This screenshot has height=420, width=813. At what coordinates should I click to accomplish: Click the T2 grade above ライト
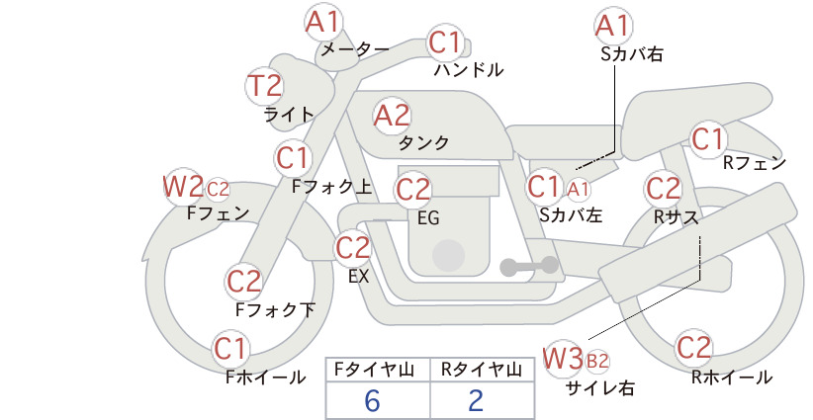pyautogui.click(x=264, y=86)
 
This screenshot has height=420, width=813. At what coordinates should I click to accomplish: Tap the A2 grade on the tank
pyautogui.click(x=392, y=116)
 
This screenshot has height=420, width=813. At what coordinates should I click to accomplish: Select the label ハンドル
pyautogui.click(x=468, y=69)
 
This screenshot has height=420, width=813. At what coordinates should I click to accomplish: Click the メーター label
pyautogui.click(x=355, y=49)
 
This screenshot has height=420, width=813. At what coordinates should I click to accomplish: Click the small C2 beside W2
pyautogui.click(x=218, y=190)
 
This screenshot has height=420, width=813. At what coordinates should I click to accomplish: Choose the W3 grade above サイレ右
pyautogui.click(x=563, y=358)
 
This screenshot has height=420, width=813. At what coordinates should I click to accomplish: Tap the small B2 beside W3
pyautogui.click(x=596, y=361)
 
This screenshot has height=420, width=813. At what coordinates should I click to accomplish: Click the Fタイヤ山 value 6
pyautogui.click(x=372, y=401)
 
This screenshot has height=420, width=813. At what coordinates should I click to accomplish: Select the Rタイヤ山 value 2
pyautogui.click(x=476, y=401)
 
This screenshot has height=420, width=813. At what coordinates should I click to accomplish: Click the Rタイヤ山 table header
pyautogui.click(x=482, y=370)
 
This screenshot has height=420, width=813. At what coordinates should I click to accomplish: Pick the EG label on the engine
pyautogui.click(x=428, y=218)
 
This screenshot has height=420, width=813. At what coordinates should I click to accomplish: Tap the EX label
pyautogui.click(x=358, y=277)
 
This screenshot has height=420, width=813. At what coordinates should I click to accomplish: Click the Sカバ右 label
pyautogui.click(x=632, y=54)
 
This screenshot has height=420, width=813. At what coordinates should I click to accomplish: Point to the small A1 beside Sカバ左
pyautogui.click(x=579, y=190)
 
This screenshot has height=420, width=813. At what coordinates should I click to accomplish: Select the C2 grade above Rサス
pyautogui.click(x=663, y=189)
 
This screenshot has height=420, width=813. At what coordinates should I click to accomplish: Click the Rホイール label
pyautogui.click(x=732, y=378)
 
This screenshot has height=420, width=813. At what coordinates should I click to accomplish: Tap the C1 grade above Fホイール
pyautogui.click(x=229, y=349)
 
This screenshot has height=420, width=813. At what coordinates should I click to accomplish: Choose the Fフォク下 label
pyautogui.click(x=275, y=310)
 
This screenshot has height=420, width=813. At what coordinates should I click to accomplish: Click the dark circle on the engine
pyautogui.click(x=448, y=256)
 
